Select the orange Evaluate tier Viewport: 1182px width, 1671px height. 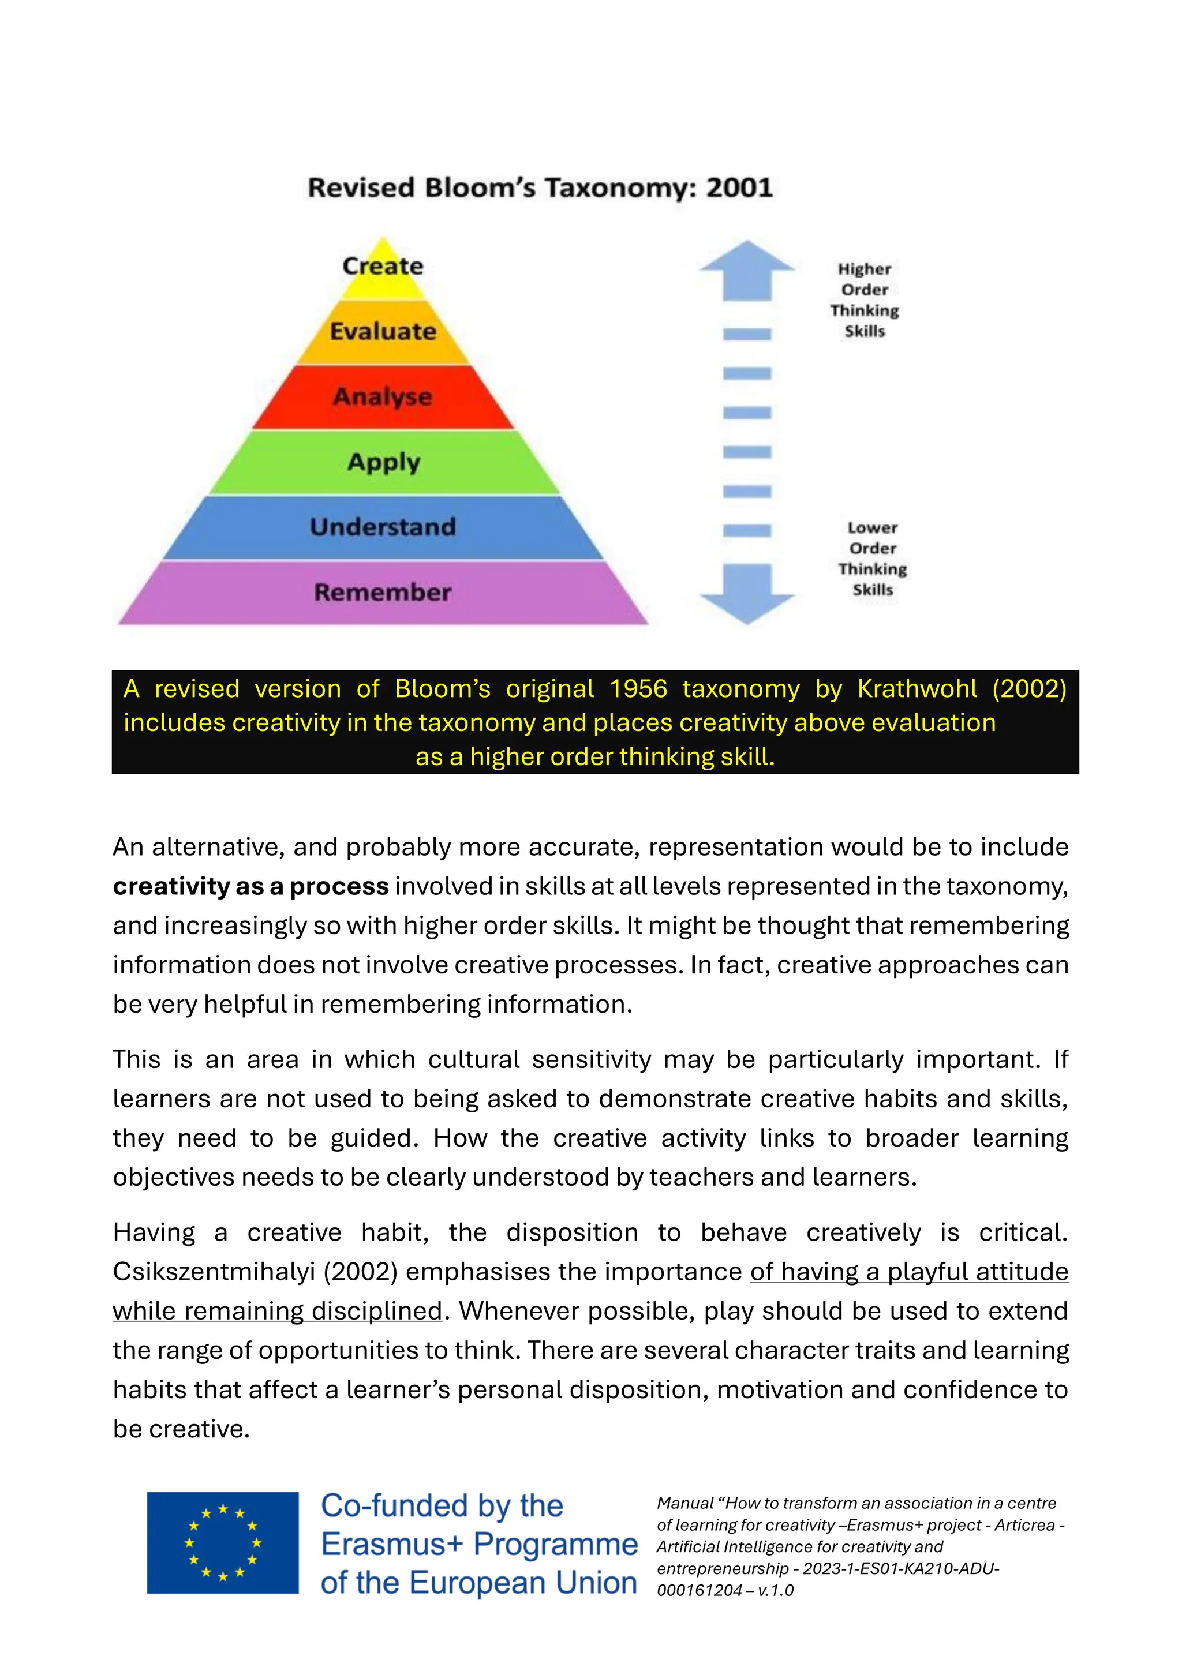tap(383, 332)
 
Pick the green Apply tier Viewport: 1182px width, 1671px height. tap(384, 462)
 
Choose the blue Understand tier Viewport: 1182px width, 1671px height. tap(383, 527)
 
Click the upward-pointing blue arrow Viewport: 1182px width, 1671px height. tap(747, 269)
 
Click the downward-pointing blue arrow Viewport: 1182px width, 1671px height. tap(747, 593)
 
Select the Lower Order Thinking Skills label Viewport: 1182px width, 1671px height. tap(872, 558)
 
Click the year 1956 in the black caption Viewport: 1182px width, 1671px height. tap(638, 688)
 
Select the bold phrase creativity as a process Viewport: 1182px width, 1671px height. tap(250, 886)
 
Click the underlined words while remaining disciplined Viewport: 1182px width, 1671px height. tap(277, 1311)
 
